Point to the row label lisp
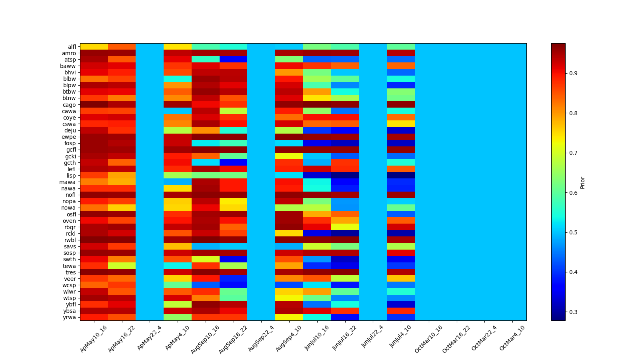71,176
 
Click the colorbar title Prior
582,182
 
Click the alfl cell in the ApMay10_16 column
94,47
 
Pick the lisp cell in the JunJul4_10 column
401,176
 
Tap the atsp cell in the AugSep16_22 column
233,60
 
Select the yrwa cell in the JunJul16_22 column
345,317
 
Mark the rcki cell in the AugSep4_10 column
289,234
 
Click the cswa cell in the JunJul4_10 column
401,124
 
